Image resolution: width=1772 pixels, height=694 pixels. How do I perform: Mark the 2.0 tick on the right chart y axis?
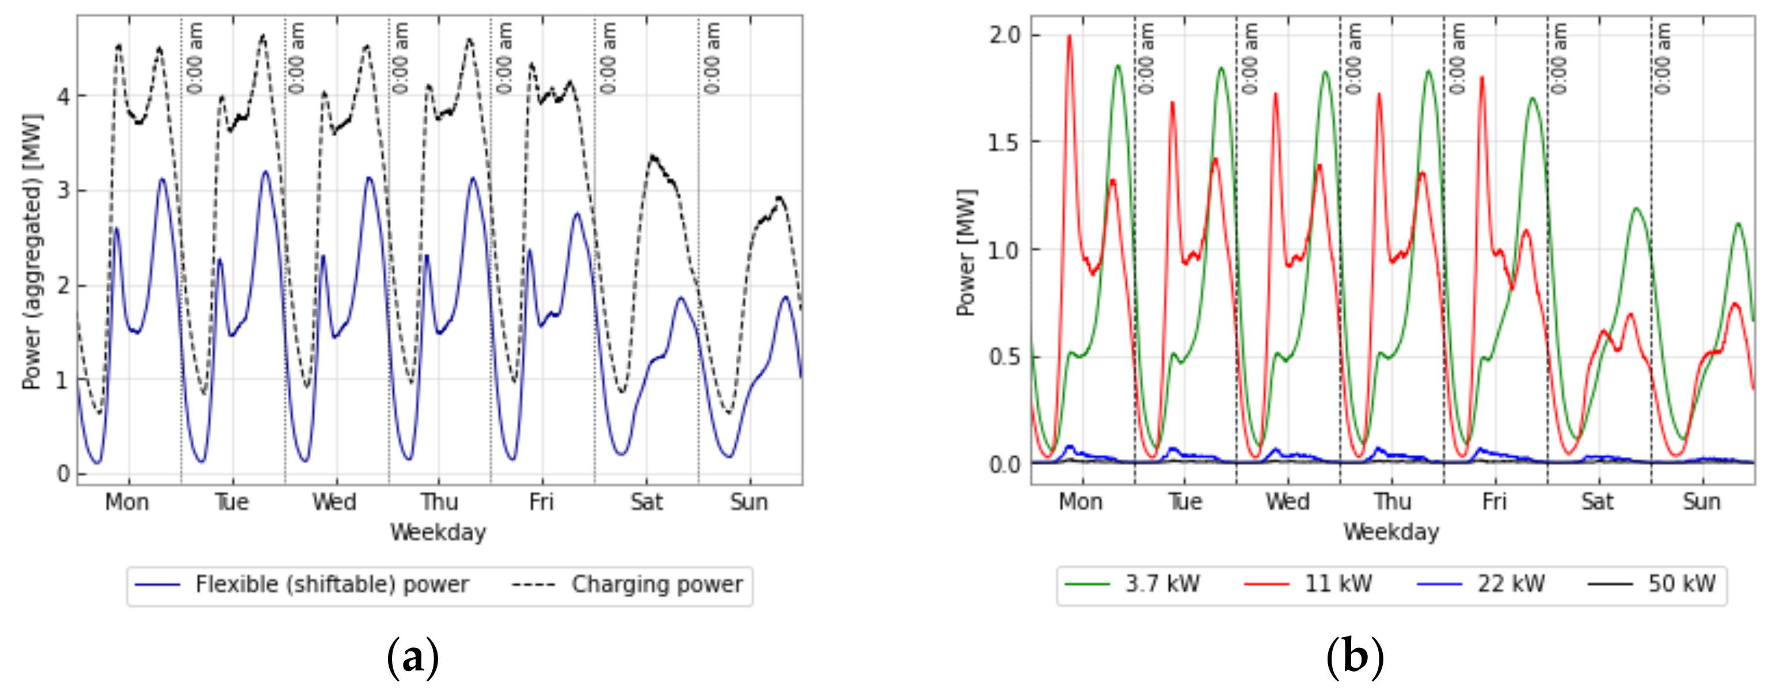[x=1005, y=35]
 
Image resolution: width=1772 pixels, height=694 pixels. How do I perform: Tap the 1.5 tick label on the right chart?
[x=1005, y=142]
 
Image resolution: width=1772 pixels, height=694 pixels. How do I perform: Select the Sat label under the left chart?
[x=647, y=502]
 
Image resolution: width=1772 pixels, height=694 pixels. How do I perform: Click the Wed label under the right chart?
[x=1288, y=502]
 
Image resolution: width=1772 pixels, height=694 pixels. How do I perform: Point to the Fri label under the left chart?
[x=541, y=502]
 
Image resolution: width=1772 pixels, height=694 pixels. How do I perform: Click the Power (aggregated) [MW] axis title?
[x=32, y=251]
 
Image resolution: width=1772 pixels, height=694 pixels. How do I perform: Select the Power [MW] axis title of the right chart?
[x=967, y=251]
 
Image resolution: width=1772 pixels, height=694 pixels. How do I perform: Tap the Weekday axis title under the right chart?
[x=1391, y=532]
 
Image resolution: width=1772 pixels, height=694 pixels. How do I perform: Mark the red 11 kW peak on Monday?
[x=1069, y=36]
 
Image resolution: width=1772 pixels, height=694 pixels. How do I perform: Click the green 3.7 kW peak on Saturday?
[x=1636, y=208]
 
